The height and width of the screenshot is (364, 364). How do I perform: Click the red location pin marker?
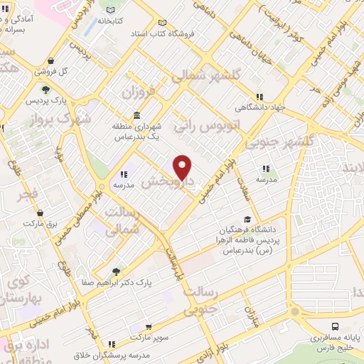coord(183,166)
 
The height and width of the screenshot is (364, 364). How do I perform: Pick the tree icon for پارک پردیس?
coord(45,90)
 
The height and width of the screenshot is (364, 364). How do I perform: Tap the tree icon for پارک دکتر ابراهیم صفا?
coord(116,272)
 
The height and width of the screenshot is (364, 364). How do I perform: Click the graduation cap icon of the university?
coord(247,219)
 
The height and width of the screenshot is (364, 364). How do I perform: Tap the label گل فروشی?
coord(53,71)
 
